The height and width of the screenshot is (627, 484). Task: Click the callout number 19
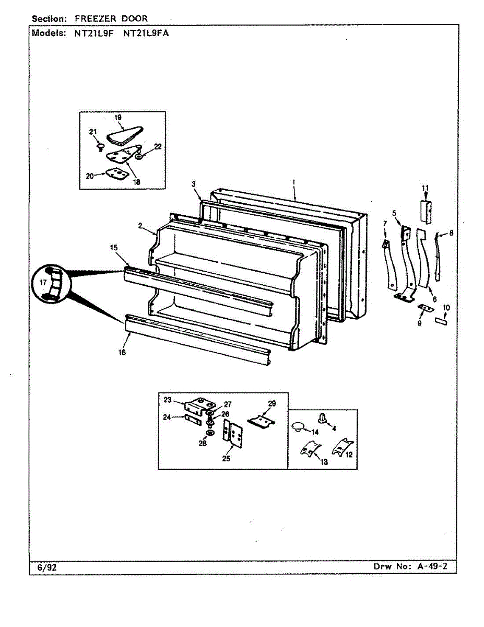118,119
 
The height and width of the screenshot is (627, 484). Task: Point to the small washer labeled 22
138,156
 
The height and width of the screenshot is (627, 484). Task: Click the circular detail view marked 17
50,283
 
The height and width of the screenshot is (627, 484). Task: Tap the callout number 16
122,353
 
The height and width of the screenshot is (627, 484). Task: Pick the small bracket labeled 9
424,310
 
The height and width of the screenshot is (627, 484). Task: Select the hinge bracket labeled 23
199,404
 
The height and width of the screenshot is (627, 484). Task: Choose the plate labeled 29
261,421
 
